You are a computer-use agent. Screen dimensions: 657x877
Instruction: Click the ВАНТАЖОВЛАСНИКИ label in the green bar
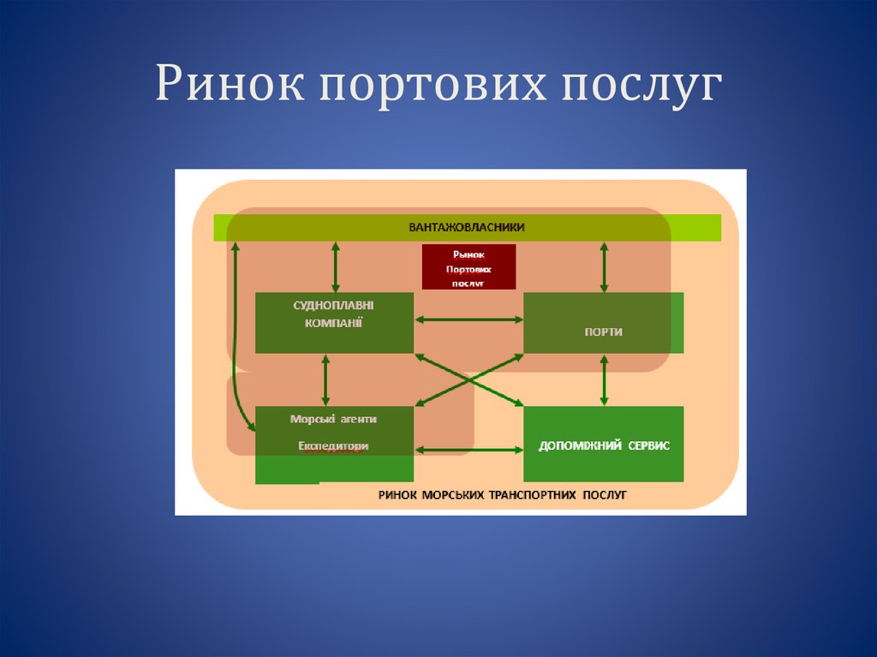466,227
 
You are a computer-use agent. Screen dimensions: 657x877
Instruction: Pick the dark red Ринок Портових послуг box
468,266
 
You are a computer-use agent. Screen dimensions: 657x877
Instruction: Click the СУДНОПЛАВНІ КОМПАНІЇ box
334,323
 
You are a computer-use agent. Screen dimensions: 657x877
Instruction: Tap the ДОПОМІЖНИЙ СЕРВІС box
603,445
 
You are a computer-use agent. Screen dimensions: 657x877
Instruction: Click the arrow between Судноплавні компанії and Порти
468,320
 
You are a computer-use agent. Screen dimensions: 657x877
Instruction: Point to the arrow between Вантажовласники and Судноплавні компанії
335,267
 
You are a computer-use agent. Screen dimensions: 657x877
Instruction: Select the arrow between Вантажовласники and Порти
605,267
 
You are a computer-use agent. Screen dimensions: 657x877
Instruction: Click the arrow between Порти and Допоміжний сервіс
605,379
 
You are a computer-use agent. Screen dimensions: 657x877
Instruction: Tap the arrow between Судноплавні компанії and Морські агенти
325,379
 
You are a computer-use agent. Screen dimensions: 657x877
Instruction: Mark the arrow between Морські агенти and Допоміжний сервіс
468,449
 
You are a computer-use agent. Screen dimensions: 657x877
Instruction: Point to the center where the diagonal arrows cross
468,378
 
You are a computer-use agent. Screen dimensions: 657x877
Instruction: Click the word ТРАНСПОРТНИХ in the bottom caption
534,495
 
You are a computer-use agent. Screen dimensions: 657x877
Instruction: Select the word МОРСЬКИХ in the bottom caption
453,495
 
